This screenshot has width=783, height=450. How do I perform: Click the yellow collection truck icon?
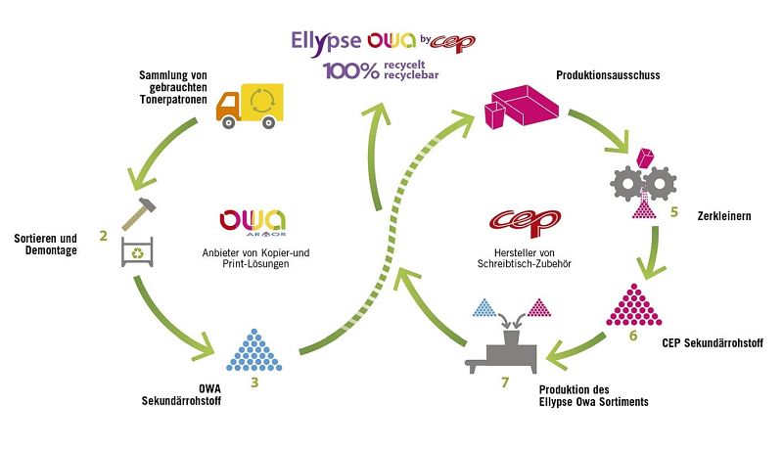coord(250,106)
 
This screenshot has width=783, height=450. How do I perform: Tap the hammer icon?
coord(139,213)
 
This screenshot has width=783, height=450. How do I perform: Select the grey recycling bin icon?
coord(137,252)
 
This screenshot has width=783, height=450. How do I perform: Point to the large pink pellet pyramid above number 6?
coord(633,305)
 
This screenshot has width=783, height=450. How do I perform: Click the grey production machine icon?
coord(502,352)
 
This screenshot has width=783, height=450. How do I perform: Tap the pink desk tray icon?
coord(522,107)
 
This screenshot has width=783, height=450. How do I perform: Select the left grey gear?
coord(626,184)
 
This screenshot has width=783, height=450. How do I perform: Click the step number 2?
coord(104,236)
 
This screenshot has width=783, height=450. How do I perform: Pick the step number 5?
coord(674,212)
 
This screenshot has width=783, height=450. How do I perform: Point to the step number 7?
coord(505,382)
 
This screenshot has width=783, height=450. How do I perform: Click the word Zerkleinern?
coord(724,216)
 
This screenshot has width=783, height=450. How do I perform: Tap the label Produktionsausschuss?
coord(608,75)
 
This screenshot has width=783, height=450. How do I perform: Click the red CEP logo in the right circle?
coord(525,222)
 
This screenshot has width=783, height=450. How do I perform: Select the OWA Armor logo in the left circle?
coord(253,222)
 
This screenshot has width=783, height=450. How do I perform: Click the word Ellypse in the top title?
coord(326,42)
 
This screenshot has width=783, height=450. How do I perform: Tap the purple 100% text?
coord(351,70)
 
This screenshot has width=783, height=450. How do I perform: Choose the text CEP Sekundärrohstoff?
coord(713,343)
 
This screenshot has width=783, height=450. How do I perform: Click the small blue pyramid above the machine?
coord(484,308)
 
